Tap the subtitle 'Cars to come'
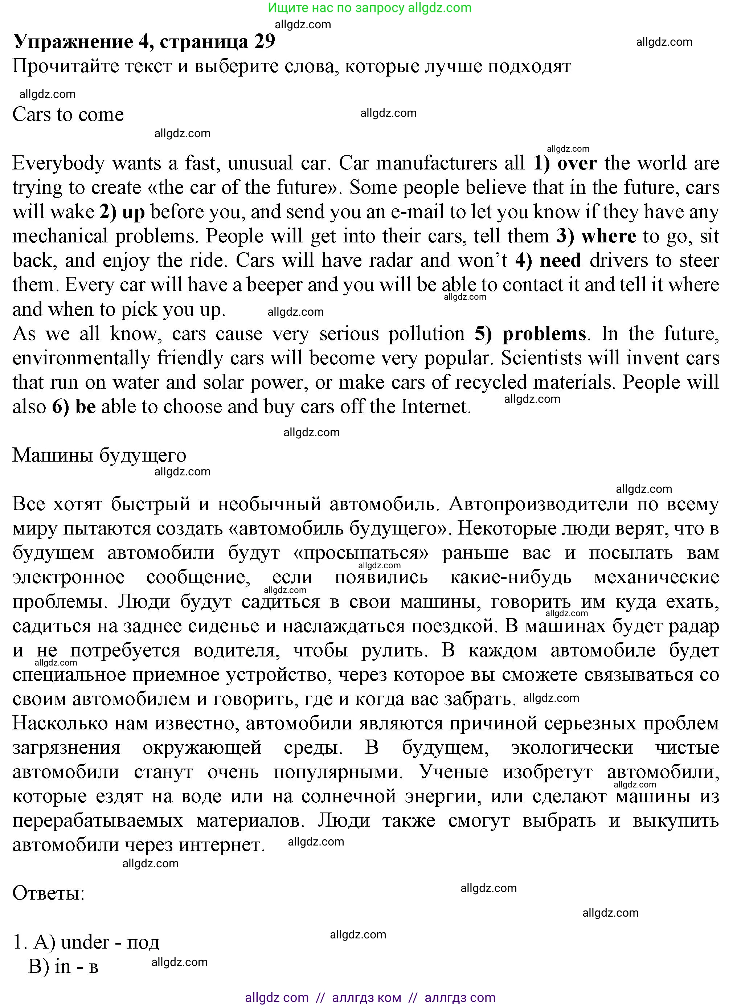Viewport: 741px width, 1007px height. [x=68, y=114]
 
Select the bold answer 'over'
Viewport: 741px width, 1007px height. [x=577, y=163]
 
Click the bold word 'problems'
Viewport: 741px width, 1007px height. [x=544, y=334]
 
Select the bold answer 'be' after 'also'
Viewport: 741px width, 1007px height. [x=85, y=407]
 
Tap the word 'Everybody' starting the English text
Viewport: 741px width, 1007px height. [x=58, y=163]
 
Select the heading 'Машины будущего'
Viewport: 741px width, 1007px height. [x=99, y=455]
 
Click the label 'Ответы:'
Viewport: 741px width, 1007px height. [x=48, y=893]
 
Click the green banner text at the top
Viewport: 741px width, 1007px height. [x=370, y=8]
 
